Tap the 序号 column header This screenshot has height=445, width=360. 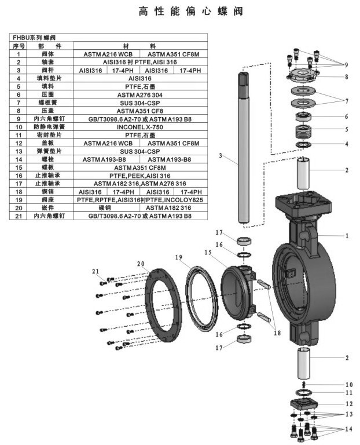(x=19, y=45)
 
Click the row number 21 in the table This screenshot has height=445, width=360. (x=19, y=216)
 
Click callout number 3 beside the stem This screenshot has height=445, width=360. (x=221, y=155)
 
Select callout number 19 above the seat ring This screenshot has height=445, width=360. (x=179, y=257)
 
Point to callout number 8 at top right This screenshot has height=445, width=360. (x=346, y=76)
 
